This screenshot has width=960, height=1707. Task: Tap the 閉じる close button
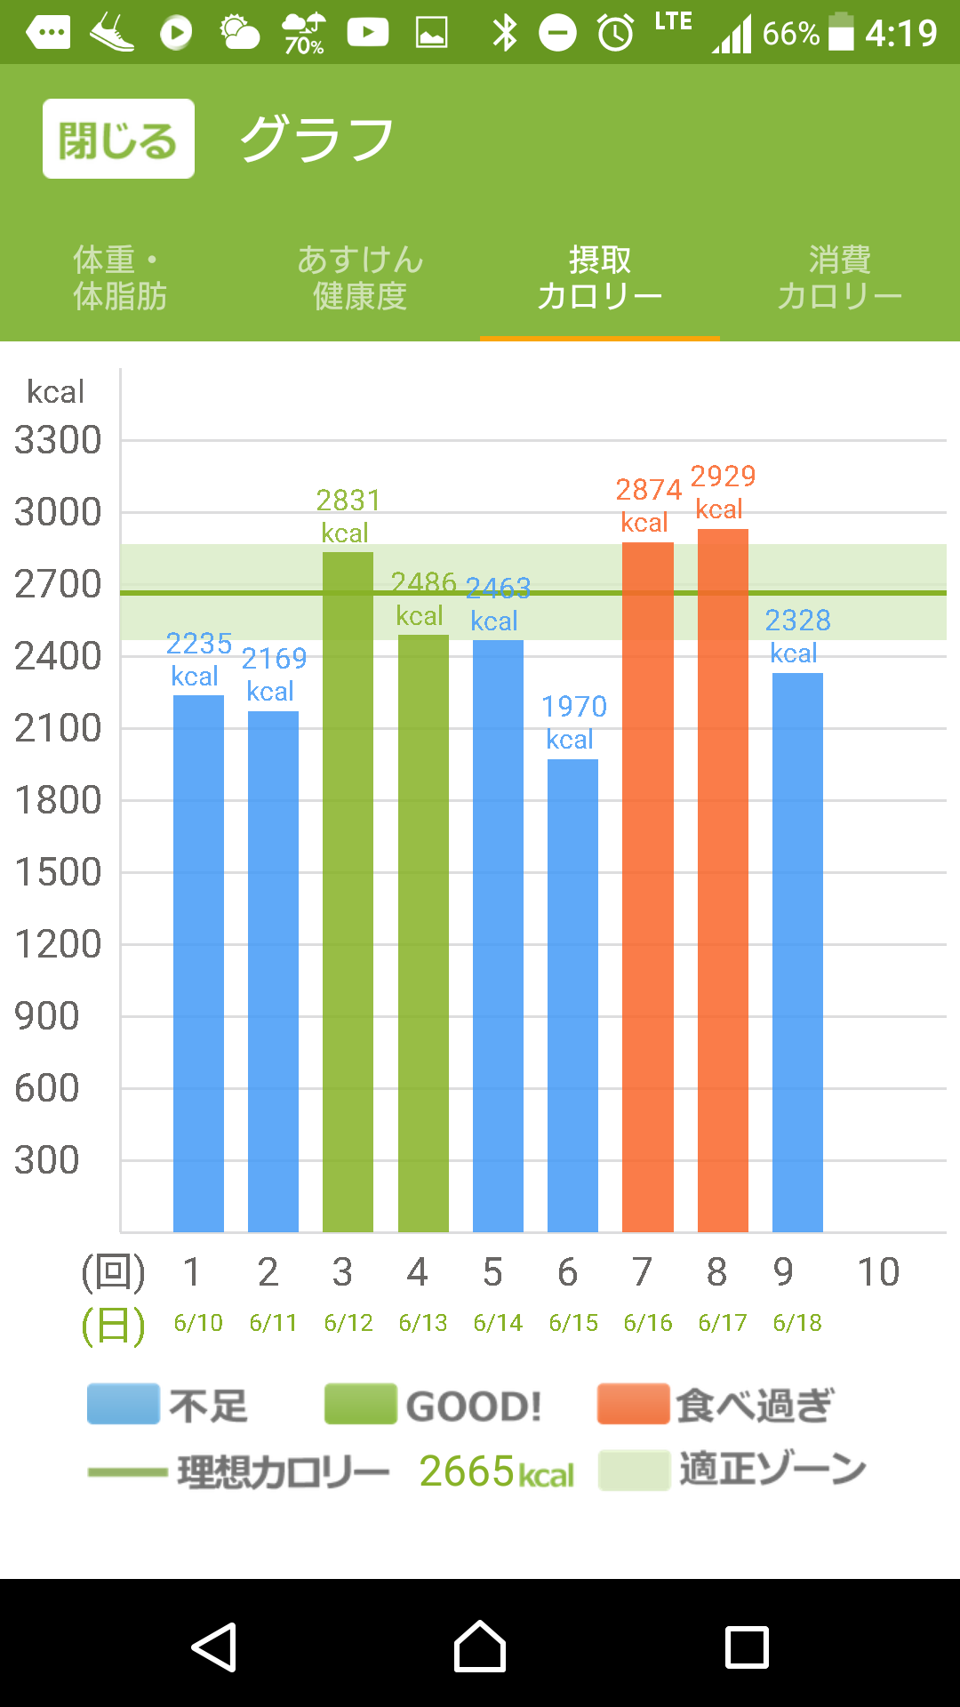118,139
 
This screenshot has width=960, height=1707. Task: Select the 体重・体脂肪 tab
120,277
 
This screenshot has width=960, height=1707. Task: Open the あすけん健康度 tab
360,277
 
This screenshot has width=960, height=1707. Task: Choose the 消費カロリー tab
839,277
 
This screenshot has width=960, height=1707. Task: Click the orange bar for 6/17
723,880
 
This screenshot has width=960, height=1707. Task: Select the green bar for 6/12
348,889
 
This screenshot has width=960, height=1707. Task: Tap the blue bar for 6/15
572,996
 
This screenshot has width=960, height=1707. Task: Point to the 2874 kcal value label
648,504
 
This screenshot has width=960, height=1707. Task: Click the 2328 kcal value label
797,635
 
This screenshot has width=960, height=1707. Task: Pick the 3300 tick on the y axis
58,440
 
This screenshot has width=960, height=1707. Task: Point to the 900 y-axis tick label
47,1016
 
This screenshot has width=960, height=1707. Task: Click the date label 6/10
198,1323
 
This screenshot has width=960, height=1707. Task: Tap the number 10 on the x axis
878,1272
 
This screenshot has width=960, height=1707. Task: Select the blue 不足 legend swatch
124,1404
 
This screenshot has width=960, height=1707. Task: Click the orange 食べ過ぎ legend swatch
633,1404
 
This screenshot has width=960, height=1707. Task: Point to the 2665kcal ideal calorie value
496,1471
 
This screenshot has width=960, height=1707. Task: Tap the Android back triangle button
213,1647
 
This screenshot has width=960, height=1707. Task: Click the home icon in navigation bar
480,1647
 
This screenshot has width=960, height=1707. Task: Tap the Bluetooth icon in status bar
505,33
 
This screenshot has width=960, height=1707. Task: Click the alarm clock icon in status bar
615,33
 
